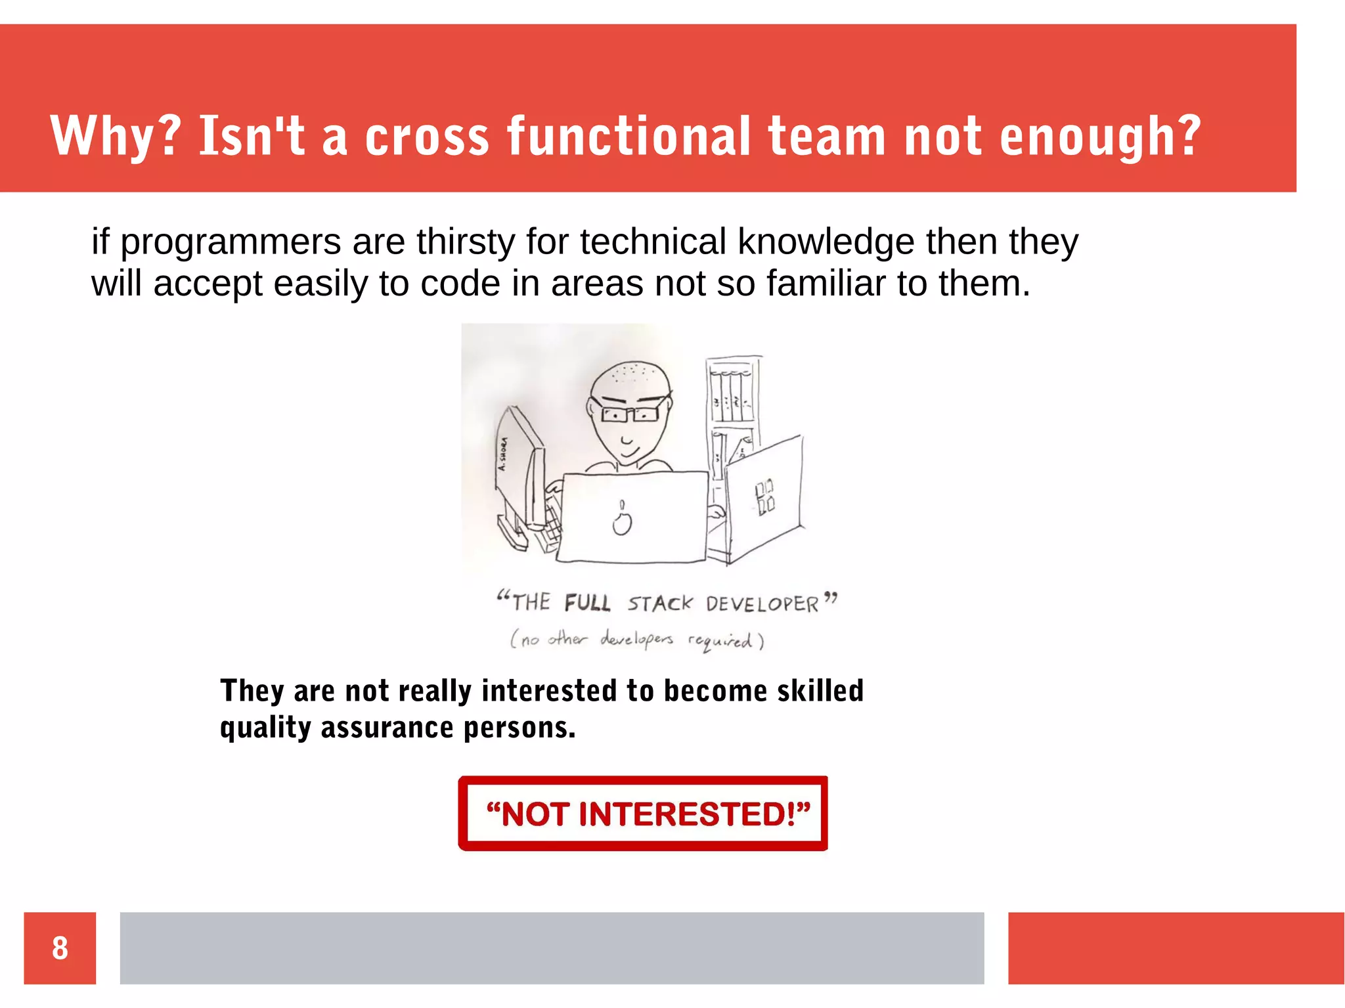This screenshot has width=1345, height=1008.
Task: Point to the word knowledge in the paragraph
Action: click(x=826, y=242)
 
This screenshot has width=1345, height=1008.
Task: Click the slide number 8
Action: click(x=60, y=948)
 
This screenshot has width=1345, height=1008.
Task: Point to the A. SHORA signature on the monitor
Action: click(x=502, y=454)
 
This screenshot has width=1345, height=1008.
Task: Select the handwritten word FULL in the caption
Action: click(x=587, y=603)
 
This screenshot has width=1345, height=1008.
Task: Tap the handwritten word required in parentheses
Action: click(x=720, y=641)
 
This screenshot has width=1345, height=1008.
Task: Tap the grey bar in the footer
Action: click(x=552, y=948)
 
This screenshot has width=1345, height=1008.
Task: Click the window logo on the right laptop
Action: click(x=764, y=497)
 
